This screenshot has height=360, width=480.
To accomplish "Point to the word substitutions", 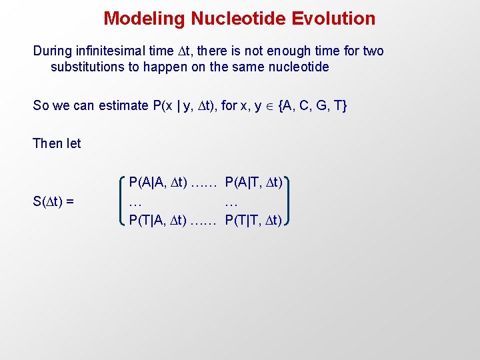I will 90,67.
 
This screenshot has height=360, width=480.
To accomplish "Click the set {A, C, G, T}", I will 312,105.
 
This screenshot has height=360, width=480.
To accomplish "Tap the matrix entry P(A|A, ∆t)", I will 159,182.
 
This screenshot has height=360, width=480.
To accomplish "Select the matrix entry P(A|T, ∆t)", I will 253,182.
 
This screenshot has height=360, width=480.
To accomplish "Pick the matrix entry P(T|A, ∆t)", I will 159,220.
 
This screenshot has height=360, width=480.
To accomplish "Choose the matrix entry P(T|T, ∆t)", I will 253,220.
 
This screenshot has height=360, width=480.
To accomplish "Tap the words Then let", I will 57,143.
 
